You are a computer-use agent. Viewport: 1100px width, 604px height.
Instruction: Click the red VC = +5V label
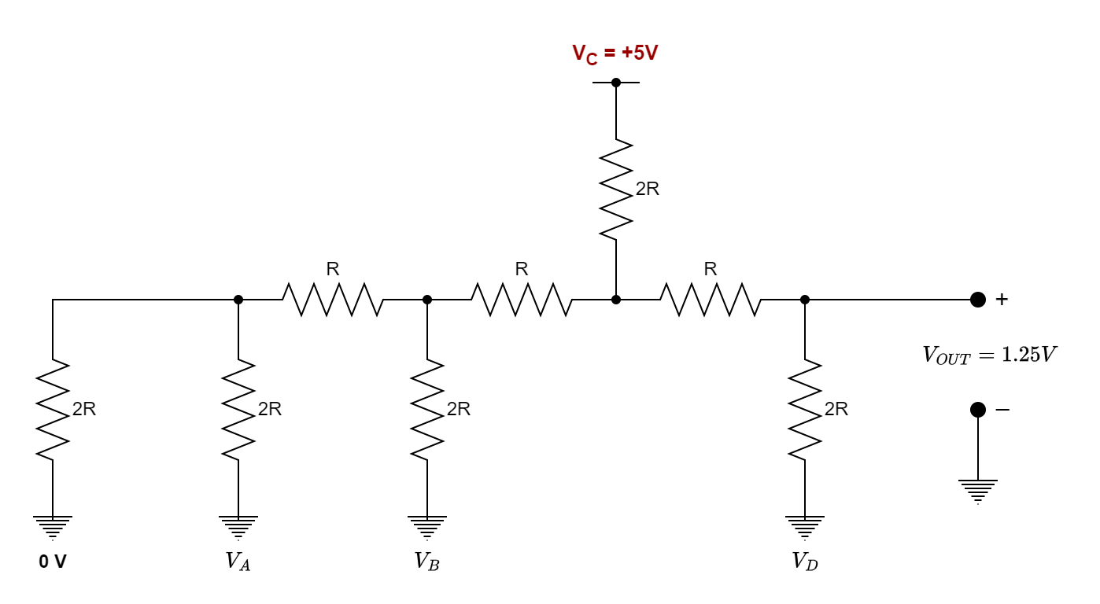(615, 54)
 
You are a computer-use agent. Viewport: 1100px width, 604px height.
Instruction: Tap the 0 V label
(53, 562)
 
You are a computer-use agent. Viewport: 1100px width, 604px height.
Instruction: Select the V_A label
(238, 562)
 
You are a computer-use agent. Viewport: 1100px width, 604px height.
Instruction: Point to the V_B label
(426, 562)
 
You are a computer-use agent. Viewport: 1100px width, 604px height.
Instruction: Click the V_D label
(804, 562)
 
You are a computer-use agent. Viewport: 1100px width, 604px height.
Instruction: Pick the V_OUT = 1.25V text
(988, 355)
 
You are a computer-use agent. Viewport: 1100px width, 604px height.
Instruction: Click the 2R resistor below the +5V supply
(616, 189)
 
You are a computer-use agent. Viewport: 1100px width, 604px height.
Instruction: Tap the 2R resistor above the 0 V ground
(53, 409)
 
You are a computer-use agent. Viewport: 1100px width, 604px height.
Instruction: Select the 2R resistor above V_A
(238, 409)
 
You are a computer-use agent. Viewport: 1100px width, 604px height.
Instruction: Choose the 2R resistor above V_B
(427, 409)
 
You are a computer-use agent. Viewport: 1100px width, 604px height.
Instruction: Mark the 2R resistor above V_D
(805, 409)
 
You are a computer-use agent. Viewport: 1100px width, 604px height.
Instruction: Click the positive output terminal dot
(978, 300)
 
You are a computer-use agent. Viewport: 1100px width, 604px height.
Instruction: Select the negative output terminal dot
(978, 410)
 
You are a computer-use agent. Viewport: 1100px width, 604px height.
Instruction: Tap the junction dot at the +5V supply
(616, 82)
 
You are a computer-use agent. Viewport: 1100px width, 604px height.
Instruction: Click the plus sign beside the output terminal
(1002, 300)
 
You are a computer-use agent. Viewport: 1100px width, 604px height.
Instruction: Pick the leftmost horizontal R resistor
(333, 300)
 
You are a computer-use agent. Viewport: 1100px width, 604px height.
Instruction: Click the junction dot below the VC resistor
(616, 300)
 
